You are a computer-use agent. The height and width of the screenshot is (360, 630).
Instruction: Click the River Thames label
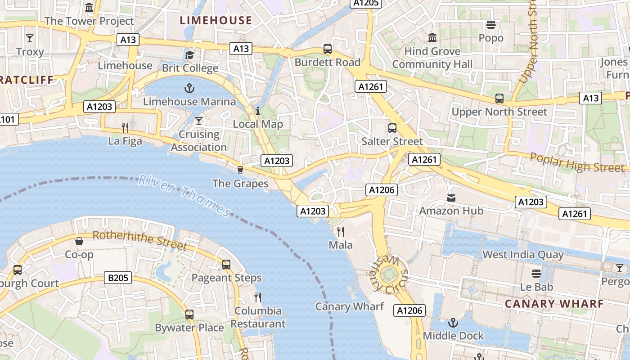pos(184,195)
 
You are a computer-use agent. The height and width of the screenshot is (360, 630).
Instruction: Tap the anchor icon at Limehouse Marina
pos(189,88)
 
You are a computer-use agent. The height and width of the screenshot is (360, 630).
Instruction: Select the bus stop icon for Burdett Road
pos(328,49)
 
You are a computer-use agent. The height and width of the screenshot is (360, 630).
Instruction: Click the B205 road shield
pos(118,278)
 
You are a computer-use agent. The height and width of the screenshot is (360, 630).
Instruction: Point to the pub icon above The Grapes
pos(240,170)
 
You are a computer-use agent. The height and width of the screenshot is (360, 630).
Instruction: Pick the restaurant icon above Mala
pos(341,232)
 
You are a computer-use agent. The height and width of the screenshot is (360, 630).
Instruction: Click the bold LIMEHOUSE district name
pos(216,20)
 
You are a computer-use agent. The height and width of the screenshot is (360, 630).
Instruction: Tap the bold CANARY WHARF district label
pos(554,304)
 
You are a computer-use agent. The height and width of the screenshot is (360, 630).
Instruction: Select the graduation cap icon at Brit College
pos(190,55)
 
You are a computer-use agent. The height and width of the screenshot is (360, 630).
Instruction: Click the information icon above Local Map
pos(258,111)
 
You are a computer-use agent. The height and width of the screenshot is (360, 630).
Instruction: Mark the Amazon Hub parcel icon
pos(451,198)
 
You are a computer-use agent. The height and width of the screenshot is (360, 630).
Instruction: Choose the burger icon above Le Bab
pos(536,274)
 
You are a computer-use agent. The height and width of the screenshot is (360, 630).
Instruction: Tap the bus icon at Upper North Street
pos(499,98)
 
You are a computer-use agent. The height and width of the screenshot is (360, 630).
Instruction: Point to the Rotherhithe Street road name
pos(139,240)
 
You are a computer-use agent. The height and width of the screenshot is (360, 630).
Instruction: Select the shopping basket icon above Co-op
pos(79,241)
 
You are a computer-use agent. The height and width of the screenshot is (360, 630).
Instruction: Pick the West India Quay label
pos(523,255)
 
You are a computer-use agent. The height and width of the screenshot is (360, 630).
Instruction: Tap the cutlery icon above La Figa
pos(125,128)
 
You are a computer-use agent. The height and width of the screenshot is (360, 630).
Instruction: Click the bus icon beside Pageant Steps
pos(226,265)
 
